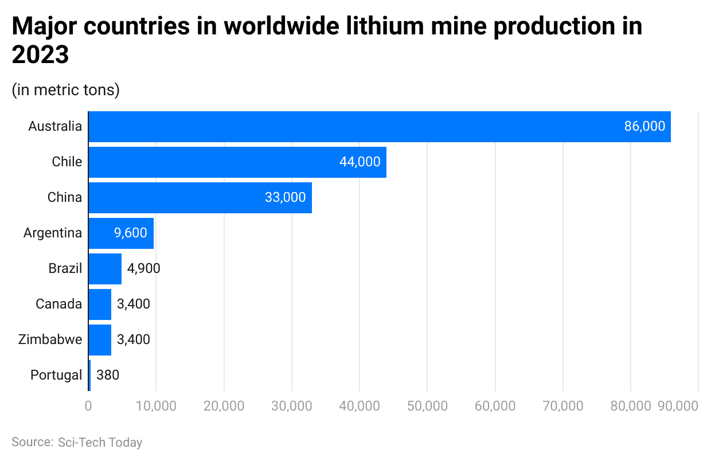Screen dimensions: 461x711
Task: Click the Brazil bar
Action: coord(105,269)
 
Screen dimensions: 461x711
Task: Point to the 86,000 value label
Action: coord(644,127)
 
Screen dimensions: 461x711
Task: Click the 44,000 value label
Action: coord(360,162)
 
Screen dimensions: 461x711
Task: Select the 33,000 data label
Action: coord(285,198)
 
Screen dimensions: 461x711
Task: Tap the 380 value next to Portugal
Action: coord(108,376)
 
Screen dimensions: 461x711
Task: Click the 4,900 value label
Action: coord(143,269)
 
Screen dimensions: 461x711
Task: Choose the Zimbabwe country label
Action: coord(50,340)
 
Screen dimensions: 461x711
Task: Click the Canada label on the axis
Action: coord(58,304)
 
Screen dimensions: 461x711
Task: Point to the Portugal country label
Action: coord(56,376)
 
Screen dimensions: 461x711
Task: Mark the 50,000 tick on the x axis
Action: coord(427,406)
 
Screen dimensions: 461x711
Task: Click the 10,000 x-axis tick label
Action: coord(156,406)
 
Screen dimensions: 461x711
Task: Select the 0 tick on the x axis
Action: coord(88,406)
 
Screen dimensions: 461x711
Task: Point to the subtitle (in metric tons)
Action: coord(65,90)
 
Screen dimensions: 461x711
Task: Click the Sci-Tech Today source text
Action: coord(100,443)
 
